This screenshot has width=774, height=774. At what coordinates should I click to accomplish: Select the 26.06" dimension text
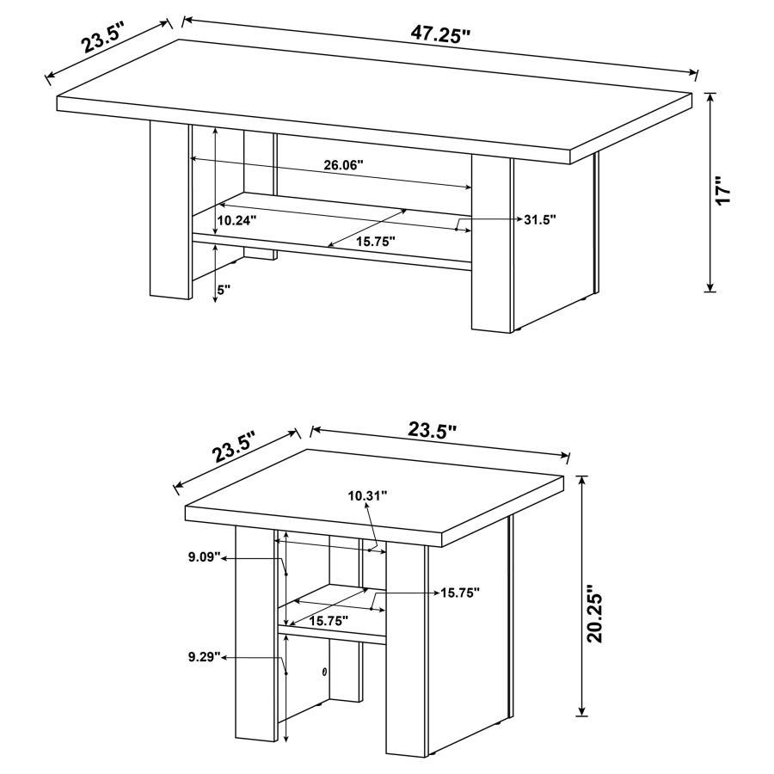(344, 164)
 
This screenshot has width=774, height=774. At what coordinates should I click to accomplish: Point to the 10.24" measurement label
(236, 220)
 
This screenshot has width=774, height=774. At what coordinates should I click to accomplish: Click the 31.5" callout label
(539, 219)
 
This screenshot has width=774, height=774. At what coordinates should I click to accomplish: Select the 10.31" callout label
(367, 495)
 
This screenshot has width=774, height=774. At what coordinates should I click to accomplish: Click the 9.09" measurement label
(205, 557)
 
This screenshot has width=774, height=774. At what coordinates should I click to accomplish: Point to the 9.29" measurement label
(205, 657)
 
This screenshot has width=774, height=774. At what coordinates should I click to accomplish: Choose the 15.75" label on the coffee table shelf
(375, 243)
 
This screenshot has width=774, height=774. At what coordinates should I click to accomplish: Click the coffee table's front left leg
(169, 211)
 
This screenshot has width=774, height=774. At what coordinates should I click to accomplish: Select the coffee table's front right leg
(491, 244)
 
